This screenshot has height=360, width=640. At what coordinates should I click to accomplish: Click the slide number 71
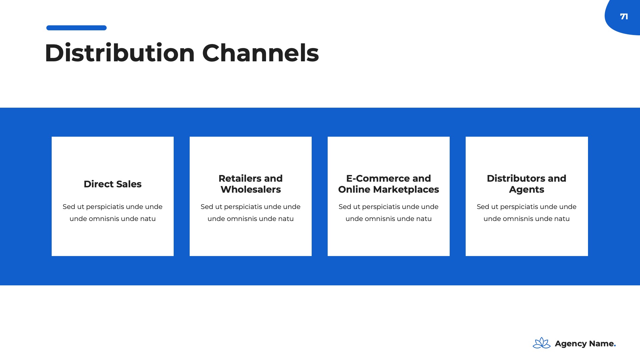pyautogui.click(x=624, y=16)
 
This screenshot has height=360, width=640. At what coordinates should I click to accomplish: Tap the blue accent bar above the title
pyautogui.click(x=76, y=28)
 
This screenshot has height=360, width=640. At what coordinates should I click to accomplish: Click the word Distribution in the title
pyautogui.click(x=120, y=53)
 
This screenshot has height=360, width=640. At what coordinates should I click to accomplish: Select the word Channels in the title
pyautogui.click(x=260, y=53)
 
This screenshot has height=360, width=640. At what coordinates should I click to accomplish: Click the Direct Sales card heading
pyautogui.click(x=113, y=184)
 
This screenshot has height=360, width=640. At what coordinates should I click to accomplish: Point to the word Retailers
pyautogui.click(x=238, y=178)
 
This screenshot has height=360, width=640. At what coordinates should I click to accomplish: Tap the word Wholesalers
pyautogui.click(x=251, y=189)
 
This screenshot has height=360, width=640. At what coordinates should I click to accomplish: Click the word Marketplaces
pyautogui.click(x=406, y=190)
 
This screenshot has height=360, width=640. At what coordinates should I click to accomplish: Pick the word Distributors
pyautogui.click(x=514, y=178)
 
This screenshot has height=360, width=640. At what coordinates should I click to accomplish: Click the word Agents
pyautogui.click(x=527, y=190)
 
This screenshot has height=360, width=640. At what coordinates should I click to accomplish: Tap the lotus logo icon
pyautogui.click(x=542, y=343)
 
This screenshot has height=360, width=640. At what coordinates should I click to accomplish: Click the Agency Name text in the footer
pyautogui.click(x=584, y=344)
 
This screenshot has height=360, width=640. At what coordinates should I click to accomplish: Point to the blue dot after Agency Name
pyautogui.click(x=615, y=346)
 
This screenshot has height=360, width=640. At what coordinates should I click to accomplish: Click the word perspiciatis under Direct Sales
pyautogui.click(x=105, y=207)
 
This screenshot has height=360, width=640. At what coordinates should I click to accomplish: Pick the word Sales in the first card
pyautogui.click(x=129, y=184)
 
